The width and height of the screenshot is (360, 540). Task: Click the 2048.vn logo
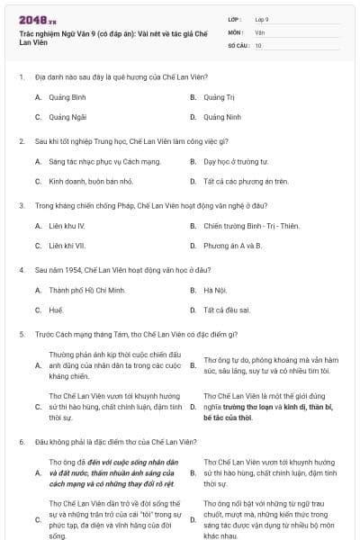[37, 17]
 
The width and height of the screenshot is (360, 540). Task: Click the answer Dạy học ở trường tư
[236, 162]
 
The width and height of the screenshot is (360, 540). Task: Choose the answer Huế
[56, 310]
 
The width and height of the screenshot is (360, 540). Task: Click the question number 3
[21, 205]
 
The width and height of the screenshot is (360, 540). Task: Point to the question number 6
[21, 442]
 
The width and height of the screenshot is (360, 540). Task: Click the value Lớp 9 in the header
[262, 19]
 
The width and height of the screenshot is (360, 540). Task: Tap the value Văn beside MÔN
[259, 31]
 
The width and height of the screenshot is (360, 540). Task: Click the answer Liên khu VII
[67, 246]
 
